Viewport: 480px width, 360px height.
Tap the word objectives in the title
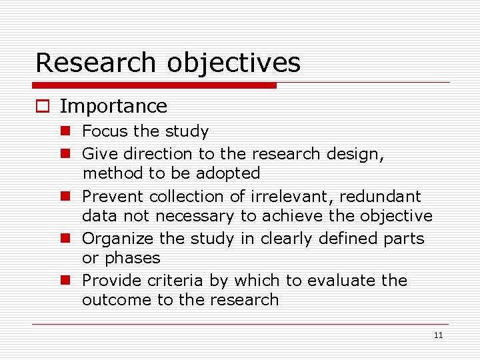click(233, 63)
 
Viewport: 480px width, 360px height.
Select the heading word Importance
click(113, 106)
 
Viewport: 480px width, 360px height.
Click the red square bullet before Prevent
click(66, 197)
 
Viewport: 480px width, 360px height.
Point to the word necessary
click(193, 216)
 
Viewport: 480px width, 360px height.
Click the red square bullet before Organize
click(66, 239)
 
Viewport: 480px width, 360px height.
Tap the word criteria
click(173, 281)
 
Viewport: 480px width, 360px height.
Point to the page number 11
click(438, 335)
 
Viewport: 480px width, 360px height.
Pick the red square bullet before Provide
click(66, 281)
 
